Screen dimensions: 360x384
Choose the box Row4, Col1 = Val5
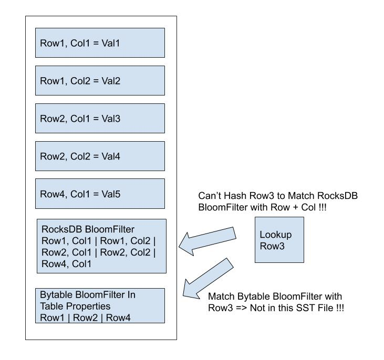pyautogui.click(x=100, y=194)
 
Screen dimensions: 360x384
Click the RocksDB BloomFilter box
pyautogui.click(x=102, y=246)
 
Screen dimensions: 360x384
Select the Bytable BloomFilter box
pyautogui.click(x=100, y=305)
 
